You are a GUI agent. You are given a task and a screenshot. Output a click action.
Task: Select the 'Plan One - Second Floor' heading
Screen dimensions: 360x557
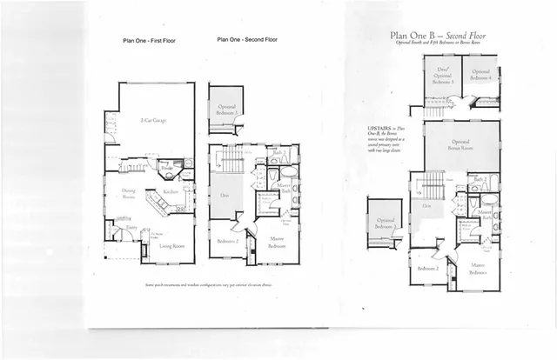pos(247,39)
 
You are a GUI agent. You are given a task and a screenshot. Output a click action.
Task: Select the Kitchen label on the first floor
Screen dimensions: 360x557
pos(170,192)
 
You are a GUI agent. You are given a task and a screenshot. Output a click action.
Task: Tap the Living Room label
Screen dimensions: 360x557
pos(171,247)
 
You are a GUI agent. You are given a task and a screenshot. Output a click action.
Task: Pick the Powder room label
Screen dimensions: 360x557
pos(163,167)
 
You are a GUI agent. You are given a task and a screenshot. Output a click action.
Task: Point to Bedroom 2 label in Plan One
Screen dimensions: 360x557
pos(228,241)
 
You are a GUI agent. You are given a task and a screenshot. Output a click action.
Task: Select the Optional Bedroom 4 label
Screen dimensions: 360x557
pos(482,75)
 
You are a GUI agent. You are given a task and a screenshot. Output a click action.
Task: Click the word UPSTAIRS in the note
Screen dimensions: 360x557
pos(381,128)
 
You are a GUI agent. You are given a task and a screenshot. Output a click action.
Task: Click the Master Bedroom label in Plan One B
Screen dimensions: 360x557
pos(478,269)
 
